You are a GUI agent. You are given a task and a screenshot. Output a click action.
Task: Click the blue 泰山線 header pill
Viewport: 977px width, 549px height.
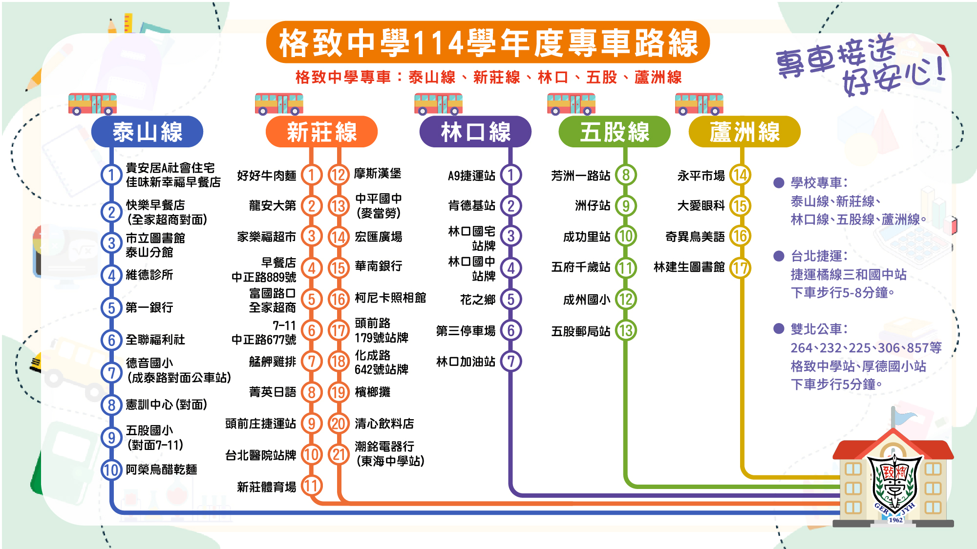click(147, 132)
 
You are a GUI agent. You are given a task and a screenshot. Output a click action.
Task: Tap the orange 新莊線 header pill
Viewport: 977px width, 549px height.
click(321, 132)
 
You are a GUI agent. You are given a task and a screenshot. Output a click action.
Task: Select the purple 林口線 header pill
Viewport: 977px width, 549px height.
click(475, 132)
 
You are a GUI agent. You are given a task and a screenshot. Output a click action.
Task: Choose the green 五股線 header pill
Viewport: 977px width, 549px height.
click(615, 132)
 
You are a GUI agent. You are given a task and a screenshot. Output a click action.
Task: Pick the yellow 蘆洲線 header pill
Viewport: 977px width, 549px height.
click(744, 132)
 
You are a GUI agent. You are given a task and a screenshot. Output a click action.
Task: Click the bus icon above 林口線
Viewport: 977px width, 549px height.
click(438, 104)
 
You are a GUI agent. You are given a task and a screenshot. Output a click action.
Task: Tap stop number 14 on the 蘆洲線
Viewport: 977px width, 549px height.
click(740, 175)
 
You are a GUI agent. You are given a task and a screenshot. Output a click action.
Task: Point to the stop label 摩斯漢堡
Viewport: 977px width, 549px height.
click(378, 173)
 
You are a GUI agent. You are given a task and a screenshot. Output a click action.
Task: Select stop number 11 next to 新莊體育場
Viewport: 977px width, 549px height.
click(312, 486)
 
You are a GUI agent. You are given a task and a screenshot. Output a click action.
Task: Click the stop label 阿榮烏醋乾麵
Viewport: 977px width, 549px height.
click(161, 469)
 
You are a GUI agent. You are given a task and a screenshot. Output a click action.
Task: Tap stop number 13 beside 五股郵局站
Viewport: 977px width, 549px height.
click(626, 331)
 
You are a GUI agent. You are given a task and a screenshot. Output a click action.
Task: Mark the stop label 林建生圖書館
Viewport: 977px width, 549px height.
click(689, 267)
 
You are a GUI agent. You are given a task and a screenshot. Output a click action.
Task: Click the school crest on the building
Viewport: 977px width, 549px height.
click(894, 483)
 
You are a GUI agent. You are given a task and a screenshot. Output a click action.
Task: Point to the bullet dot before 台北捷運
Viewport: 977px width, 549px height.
click(779, 256)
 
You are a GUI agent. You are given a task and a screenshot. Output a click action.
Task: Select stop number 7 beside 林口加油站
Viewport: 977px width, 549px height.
click(511, 362)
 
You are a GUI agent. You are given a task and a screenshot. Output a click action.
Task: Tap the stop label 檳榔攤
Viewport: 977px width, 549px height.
click(372, 392)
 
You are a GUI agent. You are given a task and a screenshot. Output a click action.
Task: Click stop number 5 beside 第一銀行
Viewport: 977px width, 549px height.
click(111, 307)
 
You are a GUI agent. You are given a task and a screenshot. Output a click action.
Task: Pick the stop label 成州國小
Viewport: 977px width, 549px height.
click(587, 300)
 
